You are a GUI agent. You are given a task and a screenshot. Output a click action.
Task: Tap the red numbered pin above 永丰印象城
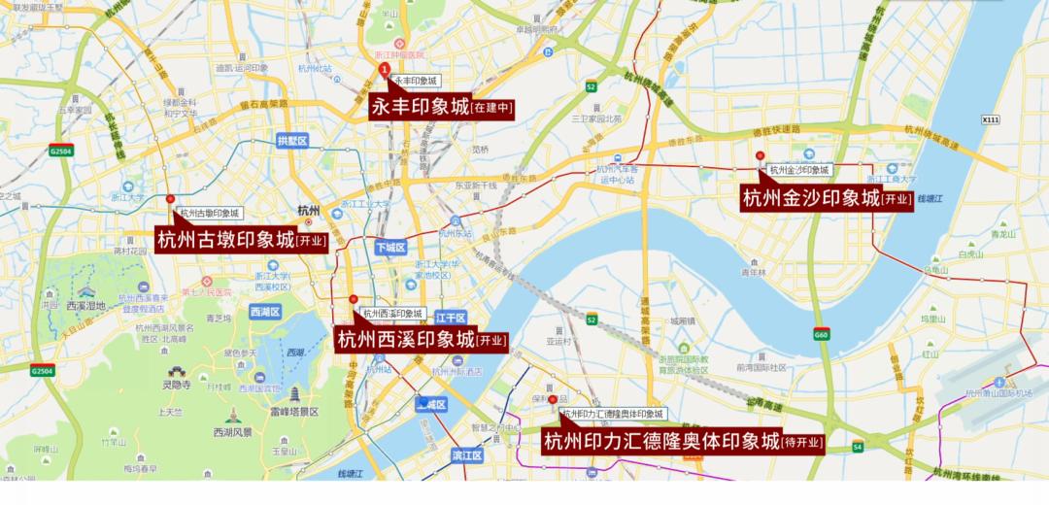pyautogui.click(x=385, y=70)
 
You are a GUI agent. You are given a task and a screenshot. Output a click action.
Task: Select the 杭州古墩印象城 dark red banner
pyautogui.click(x=241, y=240)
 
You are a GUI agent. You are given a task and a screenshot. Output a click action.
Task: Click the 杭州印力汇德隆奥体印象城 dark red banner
pyautogui.click(x=683, y=442)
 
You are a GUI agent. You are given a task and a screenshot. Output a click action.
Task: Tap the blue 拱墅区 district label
pyautogui.click(x=291, y=141)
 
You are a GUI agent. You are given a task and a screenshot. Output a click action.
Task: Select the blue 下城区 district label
pyautogui.click(x=389, y=248)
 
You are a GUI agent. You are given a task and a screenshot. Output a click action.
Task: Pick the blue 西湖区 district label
pyautogui.click(x=264, y=312)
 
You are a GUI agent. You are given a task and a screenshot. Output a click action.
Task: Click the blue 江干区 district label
pyautogui.click(x=451, y=318)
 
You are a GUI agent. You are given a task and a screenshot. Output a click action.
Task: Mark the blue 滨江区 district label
pyautogui.click(x=467, y=454)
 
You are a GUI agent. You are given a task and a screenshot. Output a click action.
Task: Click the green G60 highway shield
pyautogui.click(x=822, y=334)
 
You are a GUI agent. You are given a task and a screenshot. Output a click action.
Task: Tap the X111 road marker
pyautogui.click(x=990, y=119)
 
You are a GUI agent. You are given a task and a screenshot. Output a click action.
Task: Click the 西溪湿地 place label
pyautogui.click(x=85, y=305)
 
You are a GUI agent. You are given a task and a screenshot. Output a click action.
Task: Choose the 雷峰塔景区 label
pyautogui.click(x=294, y=411)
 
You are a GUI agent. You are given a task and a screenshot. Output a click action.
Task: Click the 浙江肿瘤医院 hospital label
pyautogui.click(x=399, y=55)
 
